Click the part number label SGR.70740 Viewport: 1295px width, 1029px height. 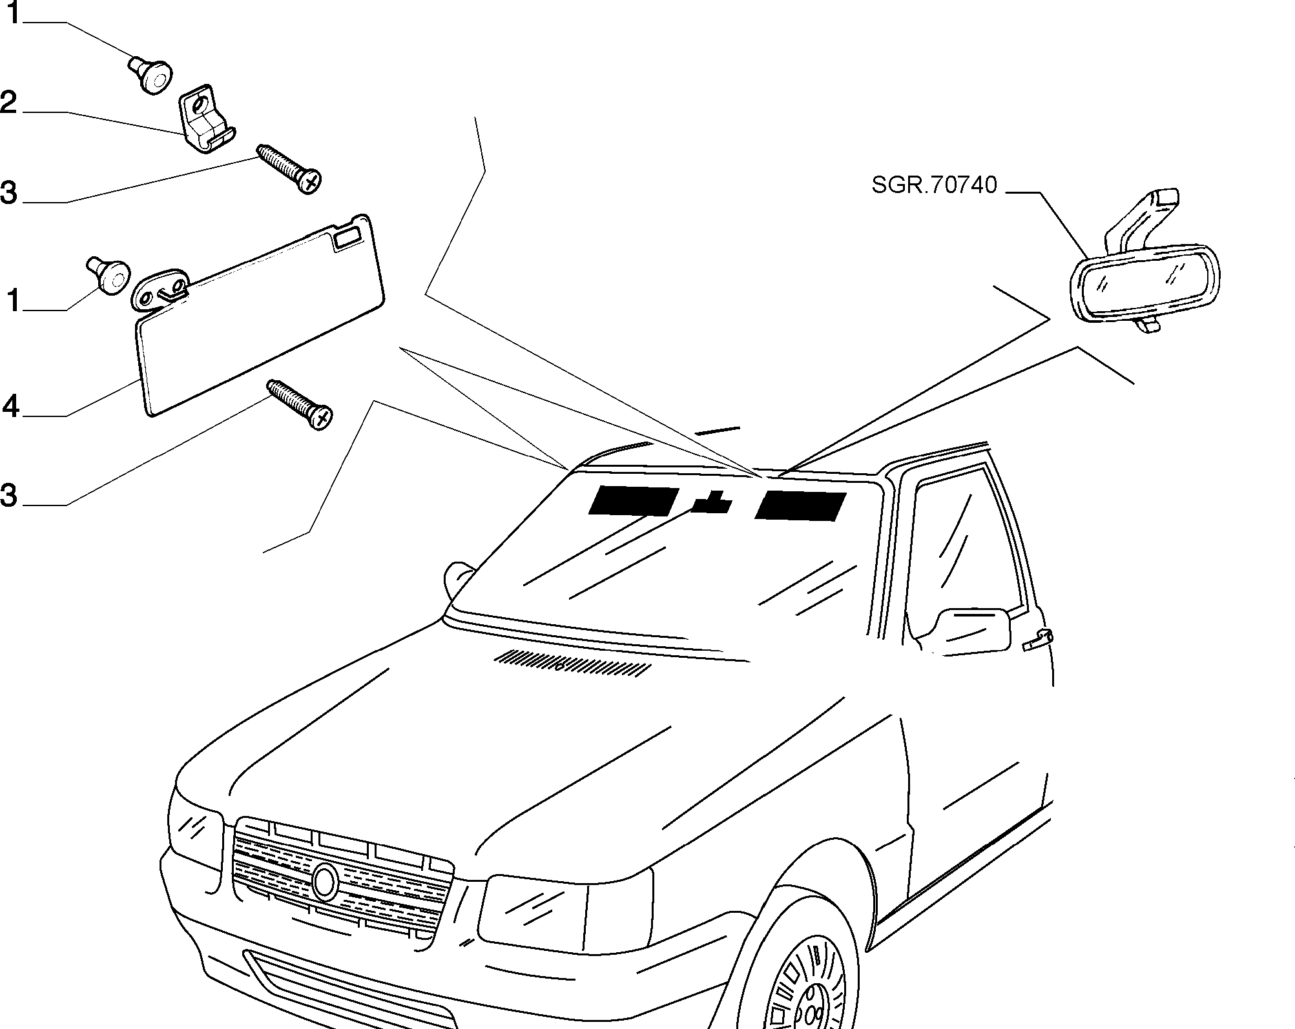pos(934,186)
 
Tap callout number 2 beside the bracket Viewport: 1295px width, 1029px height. pos(8,103)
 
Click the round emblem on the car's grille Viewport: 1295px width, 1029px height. pos(325,882)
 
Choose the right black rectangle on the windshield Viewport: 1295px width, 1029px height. pos(801,505)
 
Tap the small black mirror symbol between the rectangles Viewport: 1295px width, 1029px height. pos(712,502)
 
